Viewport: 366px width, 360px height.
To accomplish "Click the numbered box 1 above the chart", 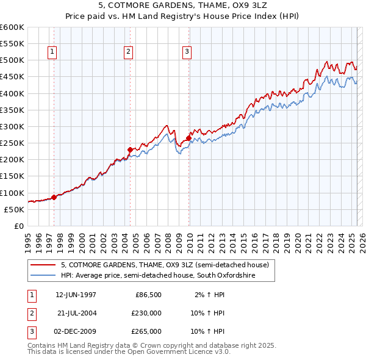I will [53, 52].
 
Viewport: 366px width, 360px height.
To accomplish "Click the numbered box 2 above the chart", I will [129, 52].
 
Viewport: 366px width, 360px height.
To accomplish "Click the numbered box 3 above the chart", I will [187, 52].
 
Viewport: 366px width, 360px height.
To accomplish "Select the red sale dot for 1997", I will [54, 197].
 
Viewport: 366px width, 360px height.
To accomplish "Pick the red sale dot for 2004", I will [130, 149].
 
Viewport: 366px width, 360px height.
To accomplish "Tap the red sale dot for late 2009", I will [188, 138].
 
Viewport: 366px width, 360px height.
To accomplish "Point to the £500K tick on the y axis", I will [13, 60].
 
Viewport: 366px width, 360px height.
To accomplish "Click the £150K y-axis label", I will [13, 176].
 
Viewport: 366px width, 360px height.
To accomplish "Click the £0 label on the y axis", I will [19, 226].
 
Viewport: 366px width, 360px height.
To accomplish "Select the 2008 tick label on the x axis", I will [168, 241].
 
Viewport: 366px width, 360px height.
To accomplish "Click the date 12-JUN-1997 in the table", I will [76, 295].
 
